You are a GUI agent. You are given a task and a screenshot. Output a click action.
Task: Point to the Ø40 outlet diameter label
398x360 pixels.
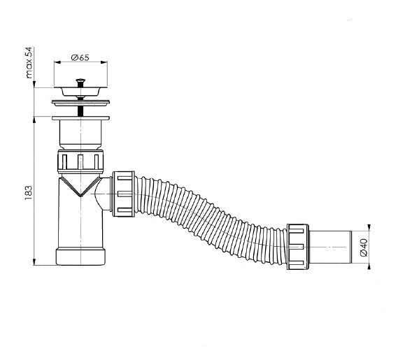click(x=364, y=247)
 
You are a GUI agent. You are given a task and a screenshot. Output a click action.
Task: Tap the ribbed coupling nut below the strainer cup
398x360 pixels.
click(x=80, y=162)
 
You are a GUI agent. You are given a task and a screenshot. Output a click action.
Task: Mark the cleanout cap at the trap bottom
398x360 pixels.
click(x=80, y=255)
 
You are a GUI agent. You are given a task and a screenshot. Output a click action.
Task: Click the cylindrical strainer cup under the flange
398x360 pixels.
click(x=80, y=132)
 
